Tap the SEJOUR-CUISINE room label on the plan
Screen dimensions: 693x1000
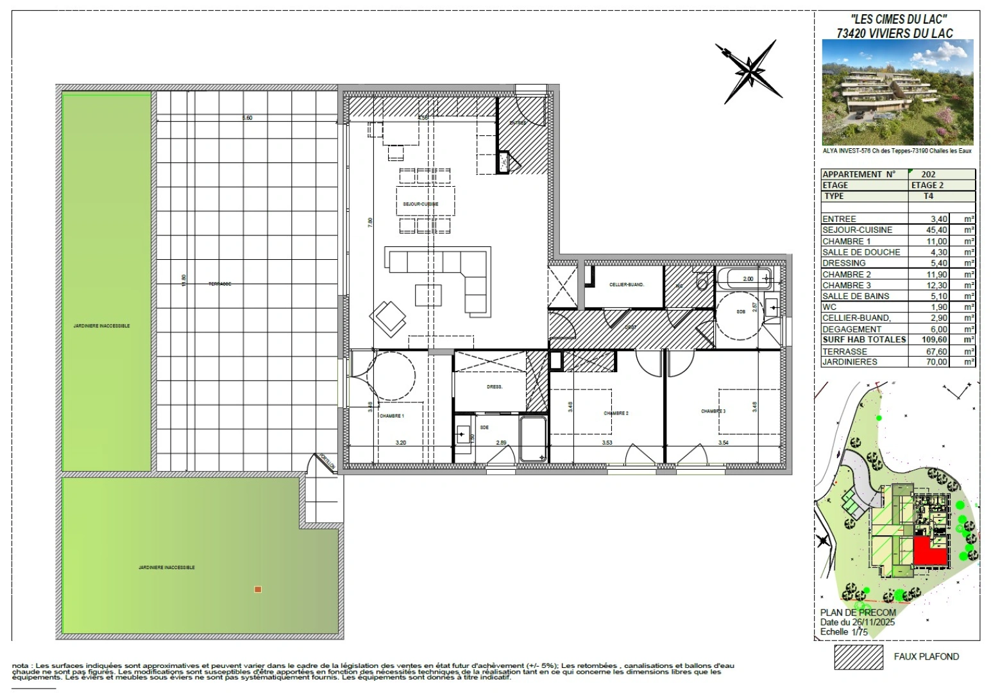tap(421, 204)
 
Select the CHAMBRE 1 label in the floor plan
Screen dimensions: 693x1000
tap(391, 416)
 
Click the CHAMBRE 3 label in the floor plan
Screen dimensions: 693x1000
tap(713, 411)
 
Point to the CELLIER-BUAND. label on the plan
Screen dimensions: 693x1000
tap(627, 285)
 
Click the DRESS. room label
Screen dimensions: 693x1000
tap(495, 387)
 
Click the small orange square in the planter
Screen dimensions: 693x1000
tap(258, 589)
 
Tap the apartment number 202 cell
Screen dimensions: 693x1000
tap(928, 174)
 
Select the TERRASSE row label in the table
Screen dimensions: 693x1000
tap(845, 352)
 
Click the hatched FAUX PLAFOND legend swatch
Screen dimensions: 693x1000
tap(858, 657)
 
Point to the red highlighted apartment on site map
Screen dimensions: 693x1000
tap(928, 552)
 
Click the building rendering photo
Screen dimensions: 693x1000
tap(897, 92)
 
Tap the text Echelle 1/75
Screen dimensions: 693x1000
tap(843, 632)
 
